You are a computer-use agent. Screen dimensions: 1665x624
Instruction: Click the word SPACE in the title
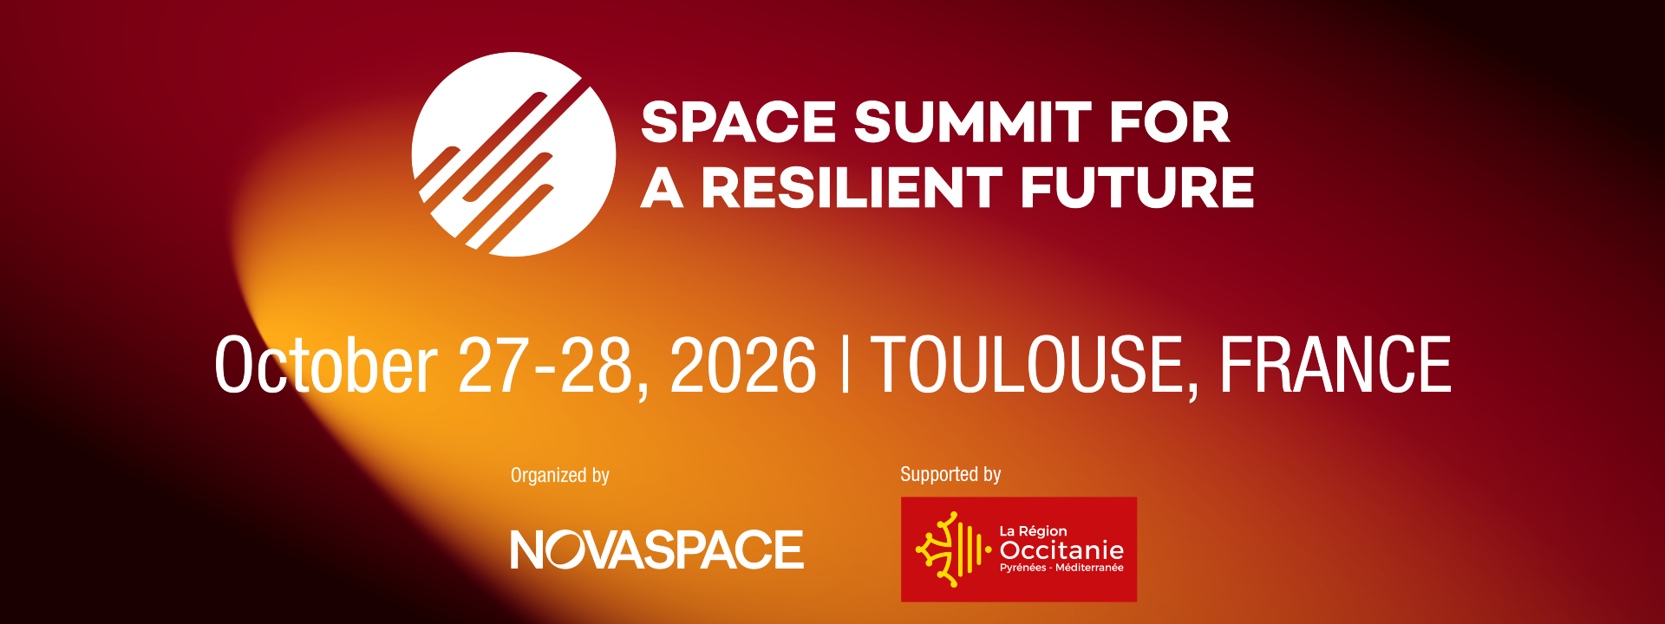(738, 122)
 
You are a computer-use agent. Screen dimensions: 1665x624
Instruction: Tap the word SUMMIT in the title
(972, 122)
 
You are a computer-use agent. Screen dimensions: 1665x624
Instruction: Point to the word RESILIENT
(852, 188)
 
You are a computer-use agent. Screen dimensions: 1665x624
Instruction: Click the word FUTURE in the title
(1138, 188)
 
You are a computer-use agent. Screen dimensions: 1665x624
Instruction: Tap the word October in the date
(326, 365)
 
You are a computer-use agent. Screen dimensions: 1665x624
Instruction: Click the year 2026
(743, 365)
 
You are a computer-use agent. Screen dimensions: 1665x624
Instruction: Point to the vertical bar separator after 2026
(846, 365)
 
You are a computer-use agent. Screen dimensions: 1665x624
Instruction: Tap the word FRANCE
(1335, 365)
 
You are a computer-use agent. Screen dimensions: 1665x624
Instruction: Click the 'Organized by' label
(560, 476)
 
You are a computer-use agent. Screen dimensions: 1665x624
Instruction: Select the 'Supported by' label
(950, 475)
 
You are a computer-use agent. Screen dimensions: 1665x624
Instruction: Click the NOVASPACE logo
(657, 549)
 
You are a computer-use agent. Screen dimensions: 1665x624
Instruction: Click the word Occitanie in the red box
(1061, 550)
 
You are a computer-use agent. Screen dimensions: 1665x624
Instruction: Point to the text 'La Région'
(1034, 531)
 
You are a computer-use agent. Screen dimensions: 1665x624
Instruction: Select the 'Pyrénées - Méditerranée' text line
(1061, 568)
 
